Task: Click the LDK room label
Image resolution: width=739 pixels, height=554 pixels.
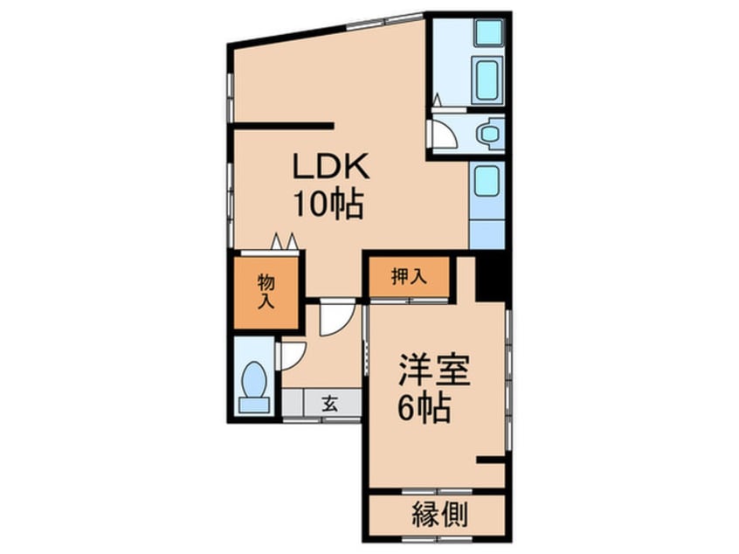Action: coord(332,165)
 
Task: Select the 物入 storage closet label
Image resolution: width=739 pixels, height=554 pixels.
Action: coord(266,291)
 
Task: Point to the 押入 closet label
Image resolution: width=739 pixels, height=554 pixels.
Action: coord(408,278)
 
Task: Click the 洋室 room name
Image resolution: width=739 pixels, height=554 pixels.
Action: coord(435,370)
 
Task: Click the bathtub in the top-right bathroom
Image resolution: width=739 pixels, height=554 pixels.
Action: coord(487,83)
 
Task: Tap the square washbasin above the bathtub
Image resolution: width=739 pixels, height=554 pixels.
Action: coord(487,33)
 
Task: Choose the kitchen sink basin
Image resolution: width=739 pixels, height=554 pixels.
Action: coord(486,182)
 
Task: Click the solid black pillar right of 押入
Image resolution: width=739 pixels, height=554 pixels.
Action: coord(492,278)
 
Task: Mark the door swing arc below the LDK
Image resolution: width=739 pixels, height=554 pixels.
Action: coord(335,320)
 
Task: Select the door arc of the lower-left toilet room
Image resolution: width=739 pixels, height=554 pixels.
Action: coord(291,354)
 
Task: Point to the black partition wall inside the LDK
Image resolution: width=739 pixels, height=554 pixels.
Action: coord(284,125)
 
